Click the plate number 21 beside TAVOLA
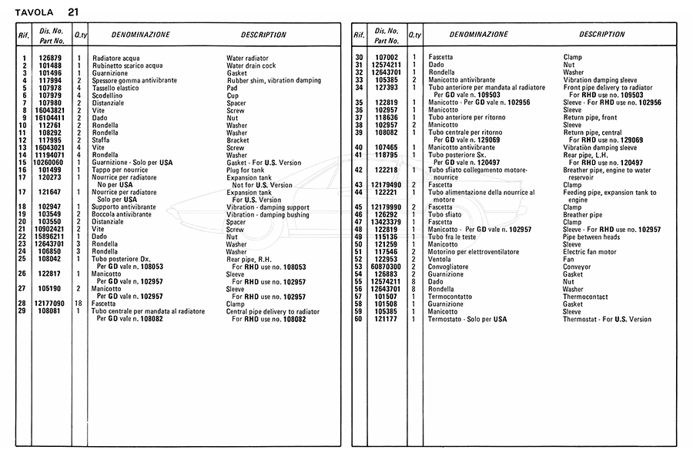tap(72, 12)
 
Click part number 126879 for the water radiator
tap(49, 58)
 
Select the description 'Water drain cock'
tap(251, 66)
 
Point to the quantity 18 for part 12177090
tap(78, 304)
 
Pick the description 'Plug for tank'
tap(246, 170)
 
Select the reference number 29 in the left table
tap(24, 311)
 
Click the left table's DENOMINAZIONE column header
tap(136, 35)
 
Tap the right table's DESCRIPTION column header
tap(601, 35)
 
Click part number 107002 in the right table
tap(387, 58)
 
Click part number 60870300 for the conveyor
tap(387, 267)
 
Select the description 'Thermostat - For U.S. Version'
tap(607, 319)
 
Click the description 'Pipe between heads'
tap(591, 237)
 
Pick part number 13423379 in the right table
tap(387, 222)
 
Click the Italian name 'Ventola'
tap(440, 259)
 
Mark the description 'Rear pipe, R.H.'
tap(248, 259)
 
